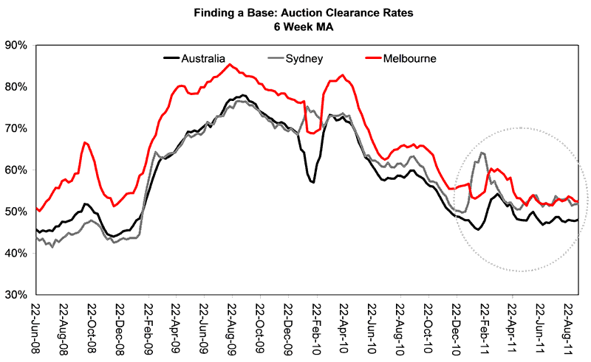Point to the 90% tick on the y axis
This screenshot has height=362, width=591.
pos(16,45)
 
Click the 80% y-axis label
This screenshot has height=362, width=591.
pos(16,87)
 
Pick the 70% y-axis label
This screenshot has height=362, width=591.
pos(16,128)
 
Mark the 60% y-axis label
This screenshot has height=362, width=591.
pos(16,170)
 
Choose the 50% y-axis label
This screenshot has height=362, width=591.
pos(16,212)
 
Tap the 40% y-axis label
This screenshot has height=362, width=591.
pos(16,254)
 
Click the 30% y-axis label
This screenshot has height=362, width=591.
pos(16,295)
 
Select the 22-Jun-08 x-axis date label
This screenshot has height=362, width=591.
pos(35,327)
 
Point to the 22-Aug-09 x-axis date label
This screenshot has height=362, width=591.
pos(231,327)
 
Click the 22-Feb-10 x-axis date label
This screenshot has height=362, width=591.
pos(315,327)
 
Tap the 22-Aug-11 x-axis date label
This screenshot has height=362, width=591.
pos(568,327)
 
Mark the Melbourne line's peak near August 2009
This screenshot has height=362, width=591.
pos(230,64)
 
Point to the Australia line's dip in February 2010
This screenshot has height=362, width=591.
pos(313,182)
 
